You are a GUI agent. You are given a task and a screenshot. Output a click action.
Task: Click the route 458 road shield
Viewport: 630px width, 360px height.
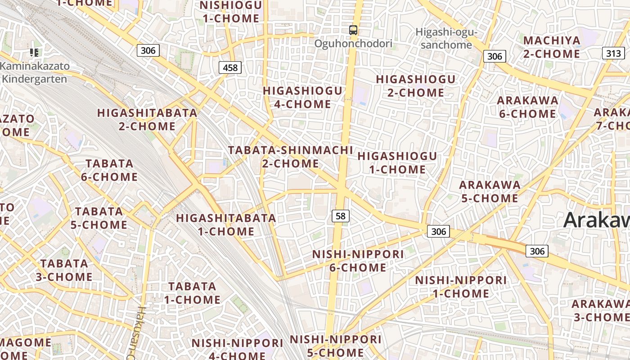230,68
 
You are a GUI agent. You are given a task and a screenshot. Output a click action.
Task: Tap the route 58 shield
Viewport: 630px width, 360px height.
341,216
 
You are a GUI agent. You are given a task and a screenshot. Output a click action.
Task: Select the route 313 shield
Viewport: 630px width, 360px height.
613,54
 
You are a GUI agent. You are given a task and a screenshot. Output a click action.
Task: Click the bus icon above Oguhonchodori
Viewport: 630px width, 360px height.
353,30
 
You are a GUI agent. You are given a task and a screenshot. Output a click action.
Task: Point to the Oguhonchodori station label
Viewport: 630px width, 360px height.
353,44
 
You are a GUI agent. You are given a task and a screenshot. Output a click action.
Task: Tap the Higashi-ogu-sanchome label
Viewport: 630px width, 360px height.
446,38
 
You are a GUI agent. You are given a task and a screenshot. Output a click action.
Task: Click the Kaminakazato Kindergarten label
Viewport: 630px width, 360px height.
35,72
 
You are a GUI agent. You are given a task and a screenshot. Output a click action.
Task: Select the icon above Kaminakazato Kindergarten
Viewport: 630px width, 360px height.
34,53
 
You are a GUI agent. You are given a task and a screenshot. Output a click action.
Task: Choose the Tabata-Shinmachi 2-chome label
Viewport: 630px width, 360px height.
291,157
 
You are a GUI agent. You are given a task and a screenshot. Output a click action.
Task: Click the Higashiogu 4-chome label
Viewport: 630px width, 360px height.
303,97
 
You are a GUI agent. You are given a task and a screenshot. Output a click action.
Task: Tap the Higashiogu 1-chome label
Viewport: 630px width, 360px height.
397,162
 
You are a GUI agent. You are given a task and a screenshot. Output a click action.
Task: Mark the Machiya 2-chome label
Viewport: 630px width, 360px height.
552,47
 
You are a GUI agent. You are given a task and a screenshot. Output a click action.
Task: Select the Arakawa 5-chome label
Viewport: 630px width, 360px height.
490,191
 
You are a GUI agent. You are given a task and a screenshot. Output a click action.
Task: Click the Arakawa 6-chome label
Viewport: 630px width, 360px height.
527,107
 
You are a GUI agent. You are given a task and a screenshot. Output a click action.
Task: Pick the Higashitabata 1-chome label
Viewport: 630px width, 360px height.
226,225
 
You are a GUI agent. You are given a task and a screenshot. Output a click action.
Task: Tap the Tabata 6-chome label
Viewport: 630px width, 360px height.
109,170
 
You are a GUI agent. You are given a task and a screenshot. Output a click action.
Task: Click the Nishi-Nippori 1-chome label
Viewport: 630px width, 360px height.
461,287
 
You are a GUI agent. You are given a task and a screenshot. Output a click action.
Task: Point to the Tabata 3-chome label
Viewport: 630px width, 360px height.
64,270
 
